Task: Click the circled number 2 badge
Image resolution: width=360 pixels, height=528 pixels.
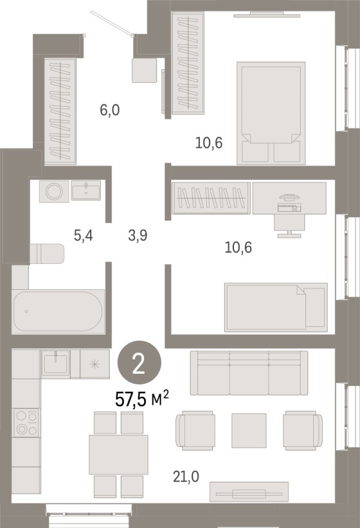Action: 139,362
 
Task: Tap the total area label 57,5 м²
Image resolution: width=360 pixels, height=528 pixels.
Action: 142,400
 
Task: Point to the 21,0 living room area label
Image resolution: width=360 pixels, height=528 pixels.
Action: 186,476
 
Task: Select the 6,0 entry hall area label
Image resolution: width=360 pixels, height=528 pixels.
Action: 110,110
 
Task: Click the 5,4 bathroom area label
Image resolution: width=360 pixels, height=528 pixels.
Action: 83,236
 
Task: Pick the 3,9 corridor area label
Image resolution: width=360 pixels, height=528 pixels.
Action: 138,235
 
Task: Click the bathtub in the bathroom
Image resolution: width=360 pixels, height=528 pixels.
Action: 58,311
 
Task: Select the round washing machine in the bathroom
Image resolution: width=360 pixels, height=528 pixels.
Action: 54,191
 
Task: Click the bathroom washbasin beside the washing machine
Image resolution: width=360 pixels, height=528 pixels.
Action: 86,190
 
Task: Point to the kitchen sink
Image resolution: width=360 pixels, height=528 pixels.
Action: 56,364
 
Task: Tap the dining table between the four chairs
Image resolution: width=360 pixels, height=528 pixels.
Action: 119,454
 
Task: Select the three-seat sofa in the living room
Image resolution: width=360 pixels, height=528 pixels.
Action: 249,373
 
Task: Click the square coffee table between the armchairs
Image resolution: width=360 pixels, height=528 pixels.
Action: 249,431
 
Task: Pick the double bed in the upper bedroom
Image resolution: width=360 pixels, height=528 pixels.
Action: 271,113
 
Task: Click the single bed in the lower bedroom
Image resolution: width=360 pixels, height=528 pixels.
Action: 276,307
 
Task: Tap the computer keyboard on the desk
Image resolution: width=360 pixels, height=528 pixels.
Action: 289,208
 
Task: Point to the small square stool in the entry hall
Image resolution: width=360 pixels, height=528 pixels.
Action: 145,70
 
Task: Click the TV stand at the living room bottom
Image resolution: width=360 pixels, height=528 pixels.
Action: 249,492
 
